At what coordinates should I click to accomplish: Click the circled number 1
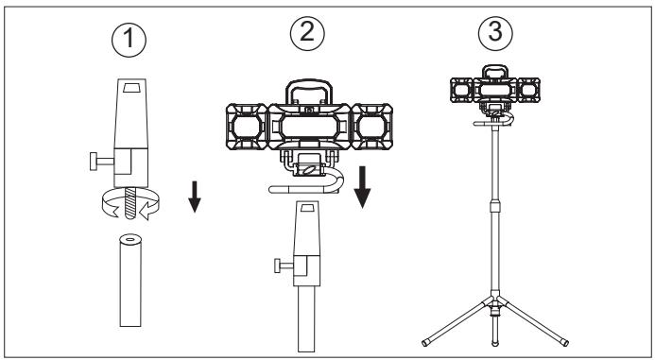(x=129, y=40)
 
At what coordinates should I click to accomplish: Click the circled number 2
(x=307, y=33)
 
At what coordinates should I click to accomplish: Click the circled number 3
(x=495, y=33)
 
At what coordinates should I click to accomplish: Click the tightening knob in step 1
(x=101, y=162)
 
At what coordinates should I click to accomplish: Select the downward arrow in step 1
(x=195, y=197)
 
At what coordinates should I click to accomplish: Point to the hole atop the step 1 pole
(x=130, y=240)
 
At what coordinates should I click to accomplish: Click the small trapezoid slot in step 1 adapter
(x=130, y=87)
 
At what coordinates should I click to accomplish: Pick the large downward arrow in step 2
(x=362, y=187)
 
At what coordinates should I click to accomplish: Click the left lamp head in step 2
(x=247, y=127)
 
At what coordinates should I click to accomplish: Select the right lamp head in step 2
(x=371, y=127)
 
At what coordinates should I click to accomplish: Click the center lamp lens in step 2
(x=309, y=127)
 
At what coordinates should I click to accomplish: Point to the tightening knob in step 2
(x=284, y=266)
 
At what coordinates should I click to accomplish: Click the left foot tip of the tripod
(x=425, y=343)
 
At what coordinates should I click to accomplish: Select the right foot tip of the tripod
(x=565, y=343)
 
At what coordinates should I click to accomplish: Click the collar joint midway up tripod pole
(x=495, y=205)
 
